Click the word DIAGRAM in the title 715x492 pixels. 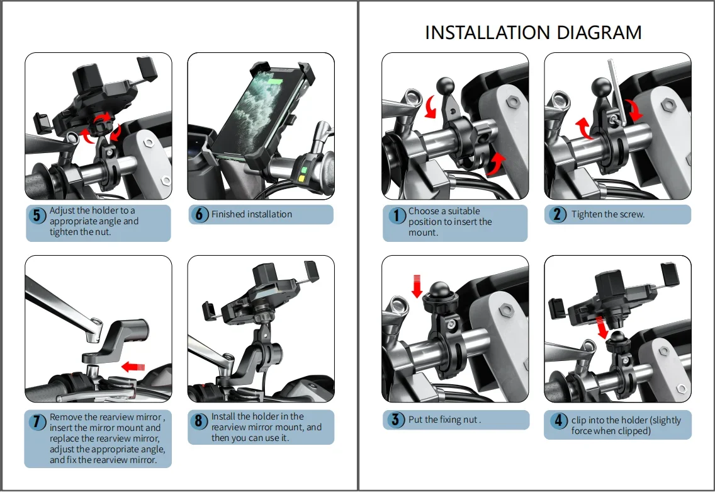click(x=599, y=32)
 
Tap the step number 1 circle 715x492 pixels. click(x=397, y=215)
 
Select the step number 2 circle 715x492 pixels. click(x=557, y=214)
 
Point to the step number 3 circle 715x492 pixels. click(x=396, y=420)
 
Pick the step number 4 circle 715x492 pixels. click(x=559, y=420)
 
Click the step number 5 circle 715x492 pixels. click(x=37, y=215)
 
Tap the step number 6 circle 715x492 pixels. click(x=199, y=214)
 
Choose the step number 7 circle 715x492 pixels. click(x=37, y=421)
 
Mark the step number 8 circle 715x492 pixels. click(x=198, y=421)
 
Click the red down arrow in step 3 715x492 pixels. click(x=417, y=286)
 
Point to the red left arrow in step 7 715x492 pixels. click(x=133, y=366)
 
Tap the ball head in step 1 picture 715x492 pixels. click(x=445, y=85)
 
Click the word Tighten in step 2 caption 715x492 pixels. click(x=586, y=215)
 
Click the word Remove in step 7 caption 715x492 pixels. click(x=65, y=417)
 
